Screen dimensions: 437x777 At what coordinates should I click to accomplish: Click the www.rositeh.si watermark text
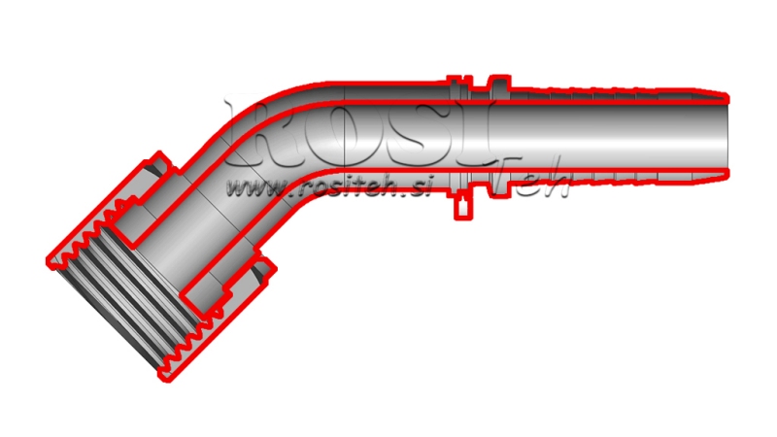(x=324, y=186)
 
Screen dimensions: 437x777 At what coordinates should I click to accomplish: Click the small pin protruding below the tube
(x=462, y=204)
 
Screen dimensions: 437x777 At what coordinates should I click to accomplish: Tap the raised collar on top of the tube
(x=496, y=86)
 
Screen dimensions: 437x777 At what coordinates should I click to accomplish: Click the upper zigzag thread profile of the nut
(x=97, y=218)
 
